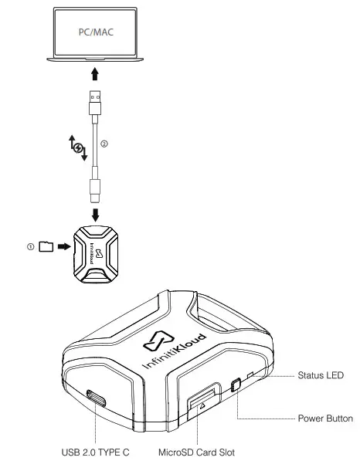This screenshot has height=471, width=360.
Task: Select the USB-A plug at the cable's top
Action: (x=94, y=103)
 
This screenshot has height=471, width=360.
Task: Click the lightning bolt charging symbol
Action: (x=75, y=144)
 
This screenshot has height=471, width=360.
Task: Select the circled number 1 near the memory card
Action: (x=31, y=246)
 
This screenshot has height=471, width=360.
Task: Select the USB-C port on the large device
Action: (x=98, y=398)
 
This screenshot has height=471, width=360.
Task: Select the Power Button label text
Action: (x=325, y=418)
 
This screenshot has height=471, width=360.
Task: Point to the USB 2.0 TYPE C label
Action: (x=95, y=452)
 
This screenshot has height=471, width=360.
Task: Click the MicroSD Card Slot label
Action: (x=197, y=452)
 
